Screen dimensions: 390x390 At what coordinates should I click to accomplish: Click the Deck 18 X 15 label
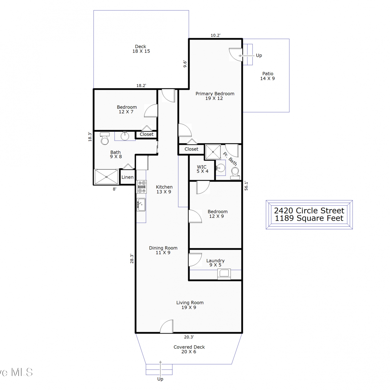click(x=141, y=49)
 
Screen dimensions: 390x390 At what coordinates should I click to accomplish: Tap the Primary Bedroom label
click(x=215, y=94)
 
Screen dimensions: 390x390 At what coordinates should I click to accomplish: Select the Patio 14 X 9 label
click(x=268, y=76)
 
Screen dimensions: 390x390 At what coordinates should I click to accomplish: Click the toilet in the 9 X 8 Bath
click(x=105, y=139)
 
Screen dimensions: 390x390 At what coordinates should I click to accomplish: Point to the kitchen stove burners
click(x=142, y=187)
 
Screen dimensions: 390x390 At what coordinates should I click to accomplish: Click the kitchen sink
click(x=141, y=205)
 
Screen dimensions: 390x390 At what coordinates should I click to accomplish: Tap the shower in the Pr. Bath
click(x=213, y=152)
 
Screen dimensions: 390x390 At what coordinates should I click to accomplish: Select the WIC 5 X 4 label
click(x=202, y=169)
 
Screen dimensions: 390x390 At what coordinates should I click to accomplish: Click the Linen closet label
click(x=127, y=177)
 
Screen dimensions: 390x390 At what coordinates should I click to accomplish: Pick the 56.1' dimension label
click(x=246, y=186)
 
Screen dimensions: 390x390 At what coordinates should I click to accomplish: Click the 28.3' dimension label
click(x=132, y=259)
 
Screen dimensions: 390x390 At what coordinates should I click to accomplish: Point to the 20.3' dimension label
click(x=189, y=337)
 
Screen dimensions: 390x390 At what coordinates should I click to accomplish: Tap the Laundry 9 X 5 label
click(x=215, y=263)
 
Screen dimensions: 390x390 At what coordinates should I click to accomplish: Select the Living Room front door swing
click(x=166, y=326)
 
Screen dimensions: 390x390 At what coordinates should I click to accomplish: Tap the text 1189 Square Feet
click(x=309, y=218)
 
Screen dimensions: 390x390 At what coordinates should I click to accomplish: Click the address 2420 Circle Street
click(x=309, y=210)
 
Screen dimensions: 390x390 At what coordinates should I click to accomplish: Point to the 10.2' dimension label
click(x=216, y=35)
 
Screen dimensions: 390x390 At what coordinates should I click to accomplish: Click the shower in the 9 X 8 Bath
click(x=106, y=177)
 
